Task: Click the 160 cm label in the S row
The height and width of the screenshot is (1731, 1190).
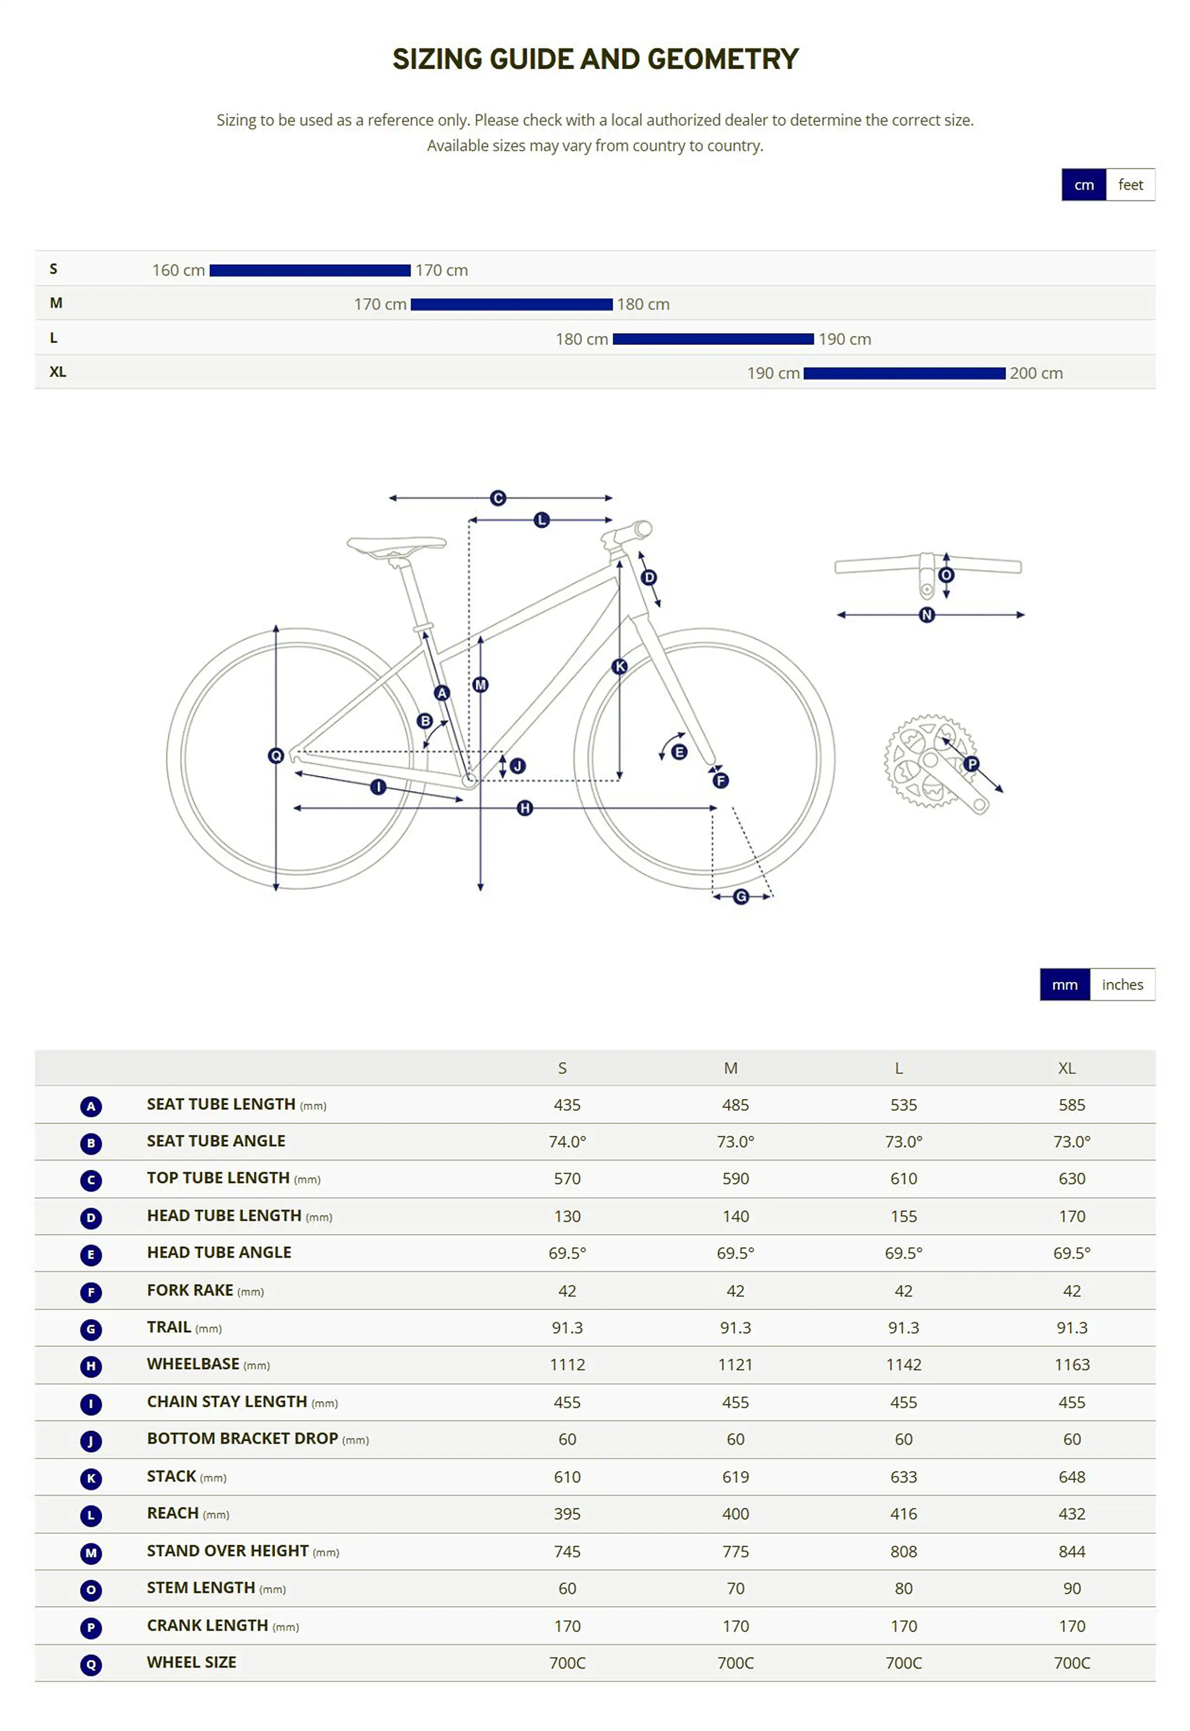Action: coord(178,270)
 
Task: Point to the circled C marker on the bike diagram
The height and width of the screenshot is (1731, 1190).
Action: coord(498,498)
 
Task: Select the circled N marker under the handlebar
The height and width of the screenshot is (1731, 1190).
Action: coord(927,615)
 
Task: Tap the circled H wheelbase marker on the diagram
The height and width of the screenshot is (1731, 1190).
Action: coord(525,808)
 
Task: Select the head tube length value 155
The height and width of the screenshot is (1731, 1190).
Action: coord(903,1216)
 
